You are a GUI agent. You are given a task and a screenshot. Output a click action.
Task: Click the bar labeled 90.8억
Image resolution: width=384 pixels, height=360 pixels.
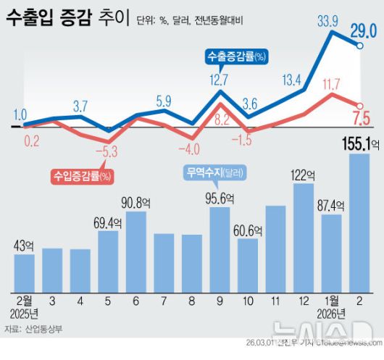pyautogui.click(x=136, y=249)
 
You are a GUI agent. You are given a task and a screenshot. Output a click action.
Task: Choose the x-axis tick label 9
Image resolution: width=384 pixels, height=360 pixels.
pyautogui.click(x=220, y=299)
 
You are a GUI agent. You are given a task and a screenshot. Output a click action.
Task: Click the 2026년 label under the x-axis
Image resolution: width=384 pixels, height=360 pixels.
pyautogui.click(x=331, y=313)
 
